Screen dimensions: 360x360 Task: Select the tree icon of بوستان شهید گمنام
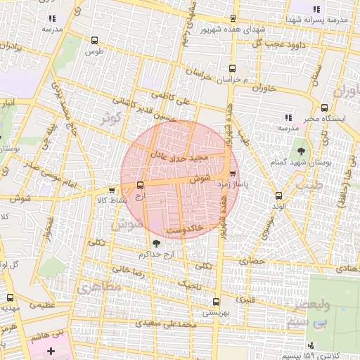(302, 151)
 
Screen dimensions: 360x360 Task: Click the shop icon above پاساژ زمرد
(233, 174)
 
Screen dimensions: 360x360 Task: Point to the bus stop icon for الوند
(278, 195)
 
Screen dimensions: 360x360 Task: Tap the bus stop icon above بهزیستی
(215, 302)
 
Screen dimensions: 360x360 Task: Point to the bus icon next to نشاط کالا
(112, 190)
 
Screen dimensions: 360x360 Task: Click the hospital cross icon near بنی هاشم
(50, 350)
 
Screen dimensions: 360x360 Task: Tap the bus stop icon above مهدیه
(10, 297)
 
